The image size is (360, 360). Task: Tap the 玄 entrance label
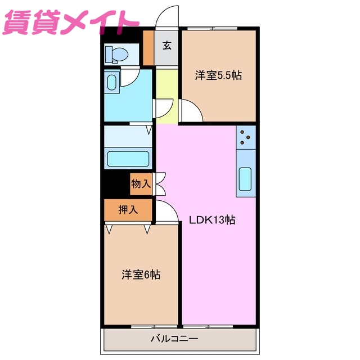coord(167,46)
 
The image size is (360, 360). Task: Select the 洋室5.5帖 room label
coord(218,75)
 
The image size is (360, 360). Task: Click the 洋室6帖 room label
coord(141,274)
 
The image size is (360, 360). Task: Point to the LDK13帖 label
coord(211,220)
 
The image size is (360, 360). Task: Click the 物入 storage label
coord(141,183)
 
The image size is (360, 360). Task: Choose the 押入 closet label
coord(128,210)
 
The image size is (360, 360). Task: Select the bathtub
coord(128,159)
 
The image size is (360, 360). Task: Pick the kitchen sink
coord(246,179)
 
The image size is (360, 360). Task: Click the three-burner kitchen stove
coord(246,137)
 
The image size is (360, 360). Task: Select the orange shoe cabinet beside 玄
coord(148,48)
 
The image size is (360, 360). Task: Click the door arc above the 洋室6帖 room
coord(167,210)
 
